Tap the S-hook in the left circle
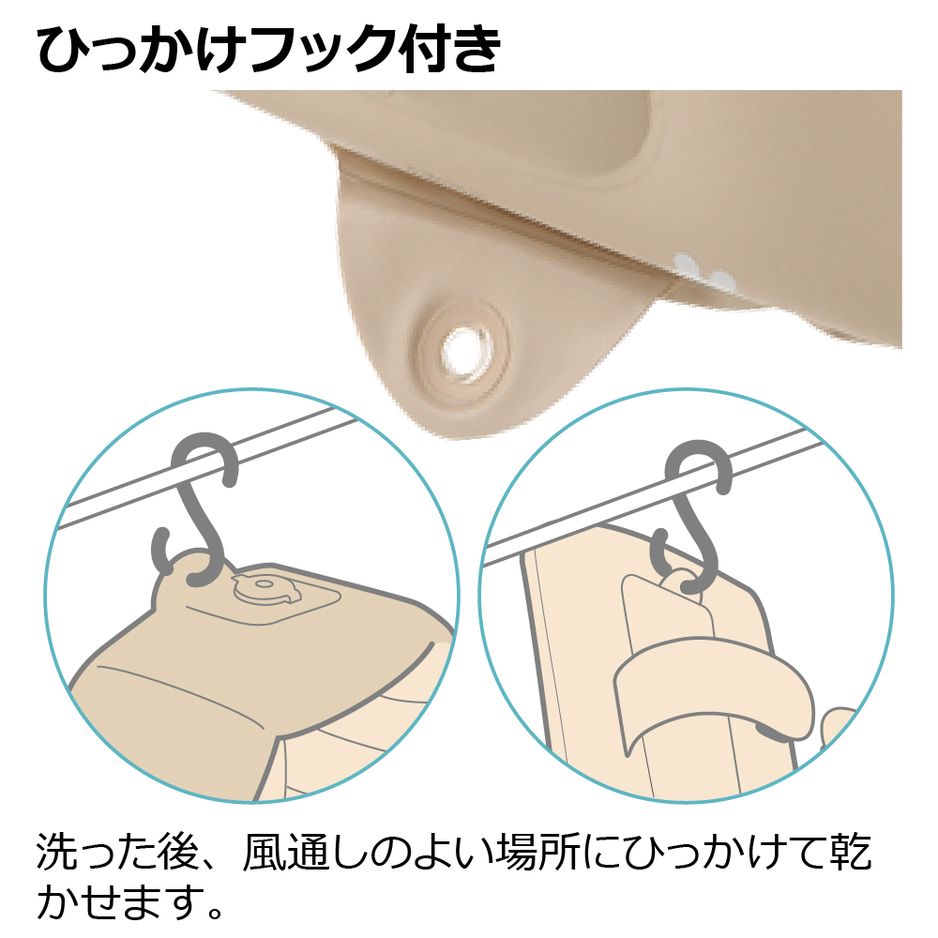196,517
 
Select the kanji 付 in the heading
417,48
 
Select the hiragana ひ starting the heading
64,48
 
